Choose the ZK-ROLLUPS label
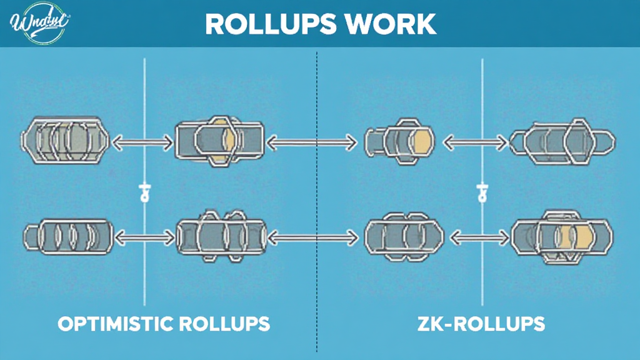(x=481, y=324)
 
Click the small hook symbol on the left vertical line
(x=145, y=191)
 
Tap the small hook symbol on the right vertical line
(x=482, y=191)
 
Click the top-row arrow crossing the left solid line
(x=142, y=142)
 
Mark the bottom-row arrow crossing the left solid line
(x=145, y=236)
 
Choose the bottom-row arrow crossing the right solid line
(x=477, y=236)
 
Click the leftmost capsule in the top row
(x=66, y=139)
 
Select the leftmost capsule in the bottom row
(x=69, y=236)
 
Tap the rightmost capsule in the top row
(x=562, y=141)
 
